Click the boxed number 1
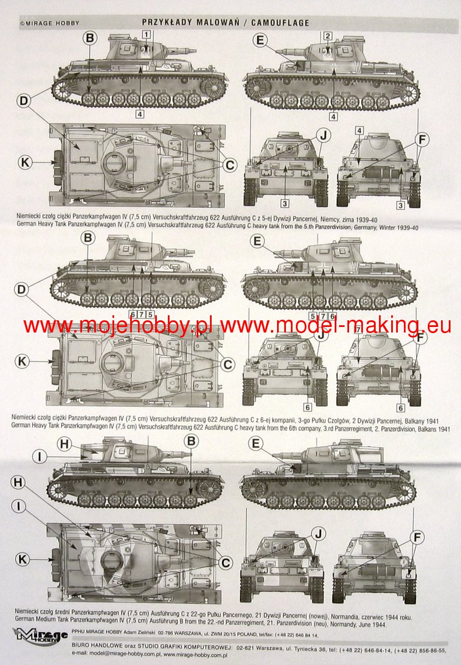point(146,34)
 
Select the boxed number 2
point(327,36)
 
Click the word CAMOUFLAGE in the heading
point(280,23)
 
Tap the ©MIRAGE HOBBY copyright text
point(49,23)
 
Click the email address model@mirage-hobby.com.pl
point(124,653)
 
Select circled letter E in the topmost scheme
point(260,40)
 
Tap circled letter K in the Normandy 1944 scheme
point(23,559)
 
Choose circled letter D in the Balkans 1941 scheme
point(22,289)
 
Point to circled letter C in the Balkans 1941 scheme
point(227,365)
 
